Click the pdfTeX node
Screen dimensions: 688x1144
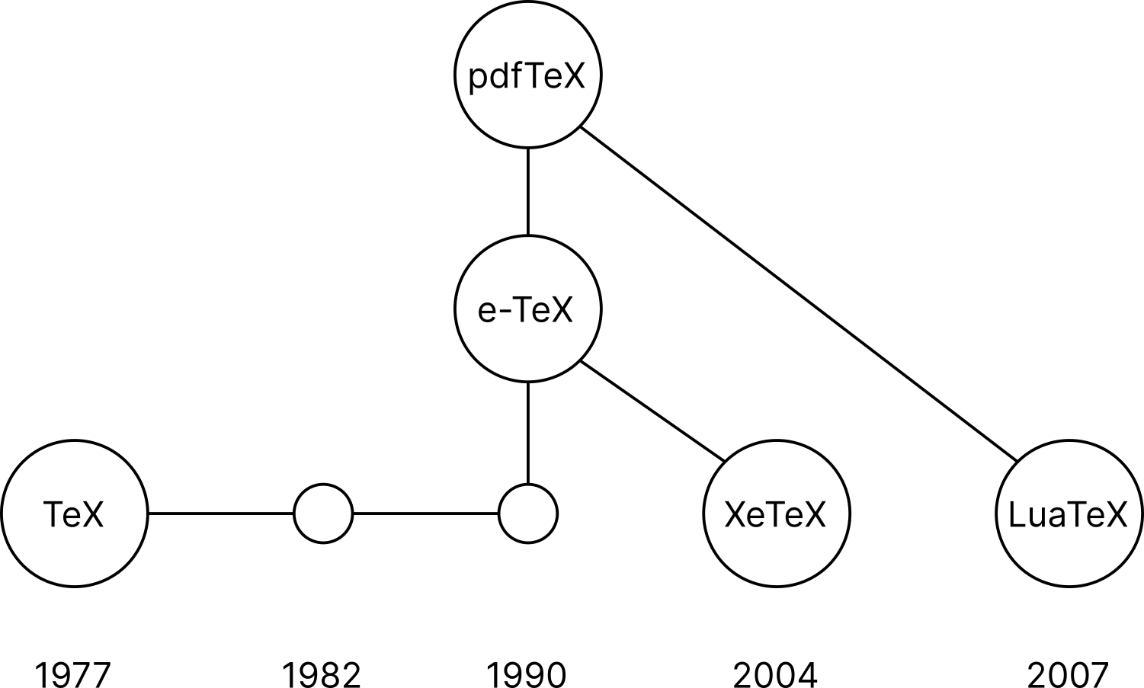(527, 75)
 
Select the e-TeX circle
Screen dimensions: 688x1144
(527, 309)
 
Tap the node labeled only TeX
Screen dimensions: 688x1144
(74, 514)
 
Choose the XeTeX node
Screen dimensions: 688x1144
(776, 514)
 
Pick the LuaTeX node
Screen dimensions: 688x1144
(1069, 514)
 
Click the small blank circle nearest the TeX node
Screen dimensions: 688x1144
(323, 514)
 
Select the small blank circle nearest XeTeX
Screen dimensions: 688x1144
(528, 514)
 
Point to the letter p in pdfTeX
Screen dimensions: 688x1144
(478, 78)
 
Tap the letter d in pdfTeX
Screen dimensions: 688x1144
(499, 75)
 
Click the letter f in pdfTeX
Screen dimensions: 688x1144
(516, 75)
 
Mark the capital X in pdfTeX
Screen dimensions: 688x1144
(573, 75)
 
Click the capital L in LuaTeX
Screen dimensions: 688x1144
(1016, 514)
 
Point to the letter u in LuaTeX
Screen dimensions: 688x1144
(1033, 517)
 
